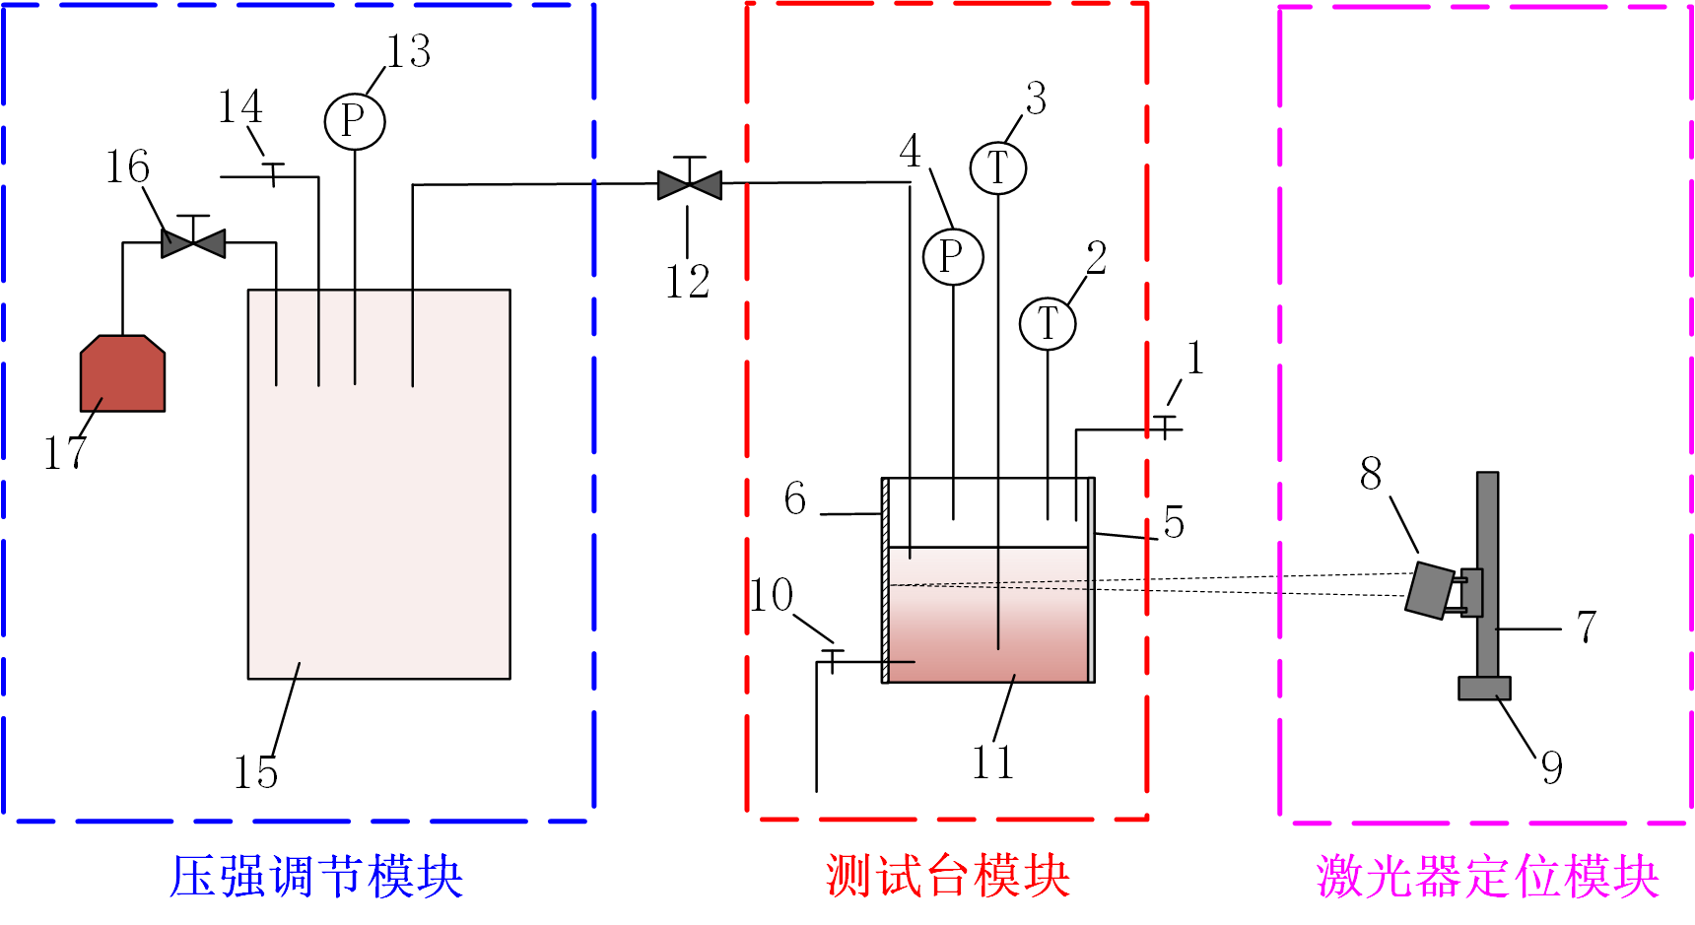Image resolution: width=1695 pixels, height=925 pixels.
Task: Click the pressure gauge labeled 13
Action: [x=354, y=121]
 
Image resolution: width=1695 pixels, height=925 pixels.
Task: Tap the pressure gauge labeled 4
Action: [x=953, y=257]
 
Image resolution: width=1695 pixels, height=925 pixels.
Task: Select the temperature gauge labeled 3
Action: [x=998, y=167]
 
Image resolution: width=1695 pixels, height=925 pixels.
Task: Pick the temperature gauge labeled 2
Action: [x=1048, y=323]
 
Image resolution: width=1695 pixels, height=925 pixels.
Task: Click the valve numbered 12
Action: [x=689, y=183]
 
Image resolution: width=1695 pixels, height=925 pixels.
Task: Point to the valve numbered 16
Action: [x=193, y=241]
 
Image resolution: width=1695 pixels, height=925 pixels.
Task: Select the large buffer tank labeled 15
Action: [x=378, y=512]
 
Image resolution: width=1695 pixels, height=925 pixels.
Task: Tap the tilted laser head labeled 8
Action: [x=1430, y=590]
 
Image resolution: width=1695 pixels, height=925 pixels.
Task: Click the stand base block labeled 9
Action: [x=1484, y=688]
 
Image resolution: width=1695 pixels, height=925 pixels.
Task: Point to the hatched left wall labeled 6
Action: [x=885, y=580]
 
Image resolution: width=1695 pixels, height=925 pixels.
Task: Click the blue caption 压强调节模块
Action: [x=315, y=876]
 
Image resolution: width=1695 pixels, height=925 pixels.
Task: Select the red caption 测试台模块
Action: [x=947, y=876]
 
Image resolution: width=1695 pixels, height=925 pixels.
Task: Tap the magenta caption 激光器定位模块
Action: [x=1487, y=876]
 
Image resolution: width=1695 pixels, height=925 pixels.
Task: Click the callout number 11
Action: [x=992, y=762]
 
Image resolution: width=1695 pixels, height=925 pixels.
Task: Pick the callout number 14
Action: [x=239, y=106]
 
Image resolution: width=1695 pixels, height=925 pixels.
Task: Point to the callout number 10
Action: [x=772, y=595]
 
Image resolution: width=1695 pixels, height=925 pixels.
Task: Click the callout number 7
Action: [x=1587, y=627]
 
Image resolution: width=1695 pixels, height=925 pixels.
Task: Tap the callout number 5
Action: [x=1173, y=522]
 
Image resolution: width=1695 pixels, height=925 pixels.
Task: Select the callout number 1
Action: [x=1194, y=358]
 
